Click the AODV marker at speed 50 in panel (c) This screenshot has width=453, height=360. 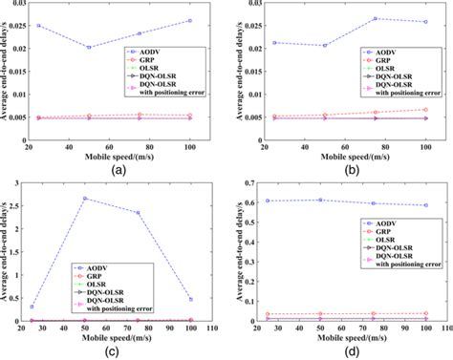86,199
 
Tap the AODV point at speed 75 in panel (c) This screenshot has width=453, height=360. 138,213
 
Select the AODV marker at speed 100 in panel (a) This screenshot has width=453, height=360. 189,20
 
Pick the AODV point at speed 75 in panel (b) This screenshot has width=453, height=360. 375,18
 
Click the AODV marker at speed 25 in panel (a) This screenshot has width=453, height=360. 39,26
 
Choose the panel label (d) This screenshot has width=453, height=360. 352,351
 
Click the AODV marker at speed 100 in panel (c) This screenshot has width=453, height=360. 190,299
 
